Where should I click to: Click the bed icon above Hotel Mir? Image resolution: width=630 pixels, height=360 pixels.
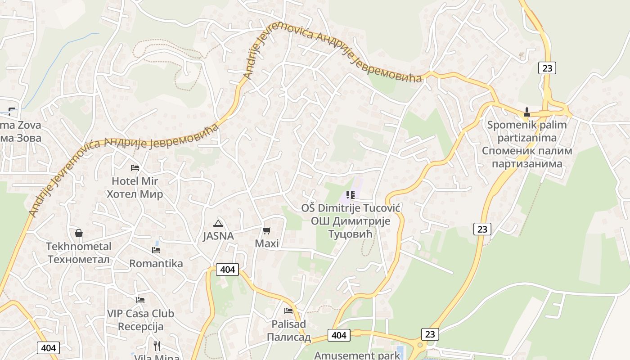pyautogui.click(x=135, y=168)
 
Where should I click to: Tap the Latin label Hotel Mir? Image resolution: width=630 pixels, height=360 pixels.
pyautogui.click(x=135, y=181)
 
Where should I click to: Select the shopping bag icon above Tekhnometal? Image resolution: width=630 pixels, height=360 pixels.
pyautogui.click(x=79, y=233)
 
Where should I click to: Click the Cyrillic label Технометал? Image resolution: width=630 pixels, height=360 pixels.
pyautogui.click(x=79, y=260)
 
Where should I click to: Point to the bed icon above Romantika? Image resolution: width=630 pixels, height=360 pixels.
pyautogui.click(x=156, y=250)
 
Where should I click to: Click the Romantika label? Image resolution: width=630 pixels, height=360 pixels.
pyautogui.click(x=156, y=263)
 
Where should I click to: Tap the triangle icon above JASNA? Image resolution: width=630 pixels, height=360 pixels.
pyautogui.click(x=218, y=223)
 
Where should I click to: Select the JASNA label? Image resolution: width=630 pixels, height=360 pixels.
pyautogui.click(x=218, y=236)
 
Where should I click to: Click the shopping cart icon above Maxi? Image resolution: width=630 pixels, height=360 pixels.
pyautogui.click(x=267, y=231)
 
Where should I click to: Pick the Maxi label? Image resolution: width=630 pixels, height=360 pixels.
pyautogui.click(x=267, y=243)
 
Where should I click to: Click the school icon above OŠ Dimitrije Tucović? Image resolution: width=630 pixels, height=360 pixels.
pyautogui.click(x=351, y=195)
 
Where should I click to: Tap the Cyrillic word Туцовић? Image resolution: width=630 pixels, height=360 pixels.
pyautogui.click(x=351, y=234)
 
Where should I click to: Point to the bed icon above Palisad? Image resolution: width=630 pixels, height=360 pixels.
pyautogui.click(x=288, y=310)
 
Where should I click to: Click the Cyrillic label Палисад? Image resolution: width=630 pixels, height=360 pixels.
pyautogui.click(x=288, y=337)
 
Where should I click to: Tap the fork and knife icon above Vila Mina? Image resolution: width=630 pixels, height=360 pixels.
pyautogui.click(x=157, y=346)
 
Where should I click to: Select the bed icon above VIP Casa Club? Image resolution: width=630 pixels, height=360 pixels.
pyautogui.click(x=140, y=300)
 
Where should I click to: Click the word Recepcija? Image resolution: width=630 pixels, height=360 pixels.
pyautogui.click(x=140, y=326)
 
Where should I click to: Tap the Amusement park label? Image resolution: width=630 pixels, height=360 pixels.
pyautogui.click(x=357, y=355)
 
